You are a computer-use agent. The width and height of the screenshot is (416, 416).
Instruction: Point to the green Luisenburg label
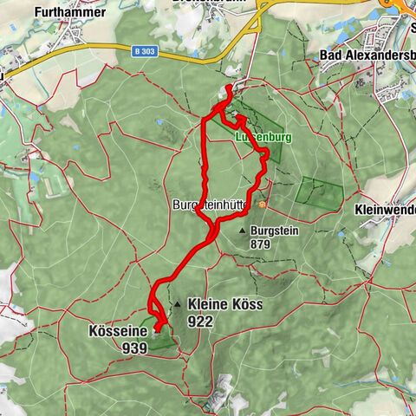click(263, 137)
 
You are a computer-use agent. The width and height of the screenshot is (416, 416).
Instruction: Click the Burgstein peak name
click(274, 231)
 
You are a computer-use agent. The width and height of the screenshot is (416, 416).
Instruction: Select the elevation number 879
click(261, 244)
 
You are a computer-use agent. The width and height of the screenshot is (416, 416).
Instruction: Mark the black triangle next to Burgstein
click(242, 231)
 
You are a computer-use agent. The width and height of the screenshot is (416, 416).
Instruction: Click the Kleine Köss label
click(224, 305)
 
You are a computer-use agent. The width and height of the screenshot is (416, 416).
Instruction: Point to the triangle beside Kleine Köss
click(177, 305)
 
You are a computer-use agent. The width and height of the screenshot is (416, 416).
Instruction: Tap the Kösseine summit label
click(115, 331)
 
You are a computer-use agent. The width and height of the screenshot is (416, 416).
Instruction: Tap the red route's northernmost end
click(228, 89)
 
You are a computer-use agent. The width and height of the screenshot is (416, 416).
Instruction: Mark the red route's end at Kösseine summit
click(162, 328)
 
